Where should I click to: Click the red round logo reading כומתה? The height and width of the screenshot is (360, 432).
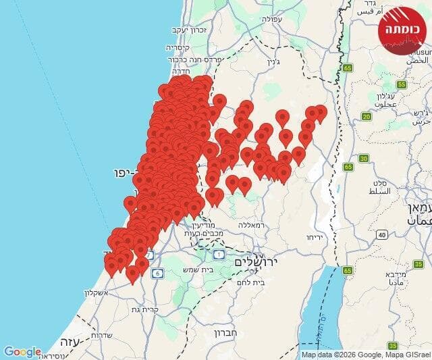[404, 30]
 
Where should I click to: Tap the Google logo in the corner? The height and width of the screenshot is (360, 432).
[22, 352]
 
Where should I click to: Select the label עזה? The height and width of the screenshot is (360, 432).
[69, 341]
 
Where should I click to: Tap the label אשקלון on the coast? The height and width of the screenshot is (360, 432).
[100, 293]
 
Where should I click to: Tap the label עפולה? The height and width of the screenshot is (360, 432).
[288, 20]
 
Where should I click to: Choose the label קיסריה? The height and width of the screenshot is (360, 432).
[180, 49]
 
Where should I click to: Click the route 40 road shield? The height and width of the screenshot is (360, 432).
[382, 235]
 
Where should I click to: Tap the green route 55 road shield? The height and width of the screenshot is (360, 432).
[402, 84]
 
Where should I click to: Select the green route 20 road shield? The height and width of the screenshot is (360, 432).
[367, 116]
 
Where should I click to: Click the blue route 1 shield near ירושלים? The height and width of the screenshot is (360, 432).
[219, 254]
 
